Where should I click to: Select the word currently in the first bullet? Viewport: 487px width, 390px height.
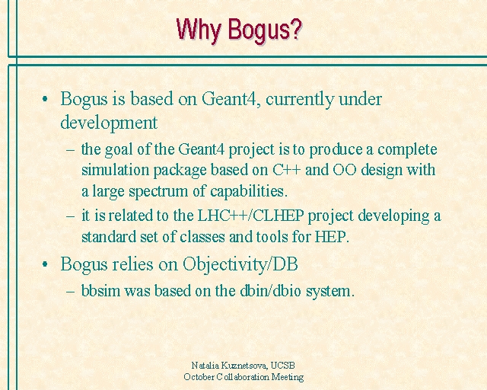(x=300, y=100)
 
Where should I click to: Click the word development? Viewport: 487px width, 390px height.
(x=109, y=123)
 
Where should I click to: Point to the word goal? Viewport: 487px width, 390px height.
(x=119, y=150)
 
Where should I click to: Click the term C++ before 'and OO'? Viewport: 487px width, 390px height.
(x=287, y=170)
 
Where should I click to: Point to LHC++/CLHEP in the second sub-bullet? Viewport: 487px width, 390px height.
(x=250, y=216)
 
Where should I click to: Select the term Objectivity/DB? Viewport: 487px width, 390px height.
(x=240, y=265)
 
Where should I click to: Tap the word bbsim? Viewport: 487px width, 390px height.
(x=100, y=290)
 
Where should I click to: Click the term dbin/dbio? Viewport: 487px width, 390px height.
(x=270, y=290)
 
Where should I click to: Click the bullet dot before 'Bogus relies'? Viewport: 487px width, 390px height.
(x=45, y=264)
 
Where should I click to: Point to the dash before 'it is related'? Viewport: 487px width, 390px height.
(x=71, y=216)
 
